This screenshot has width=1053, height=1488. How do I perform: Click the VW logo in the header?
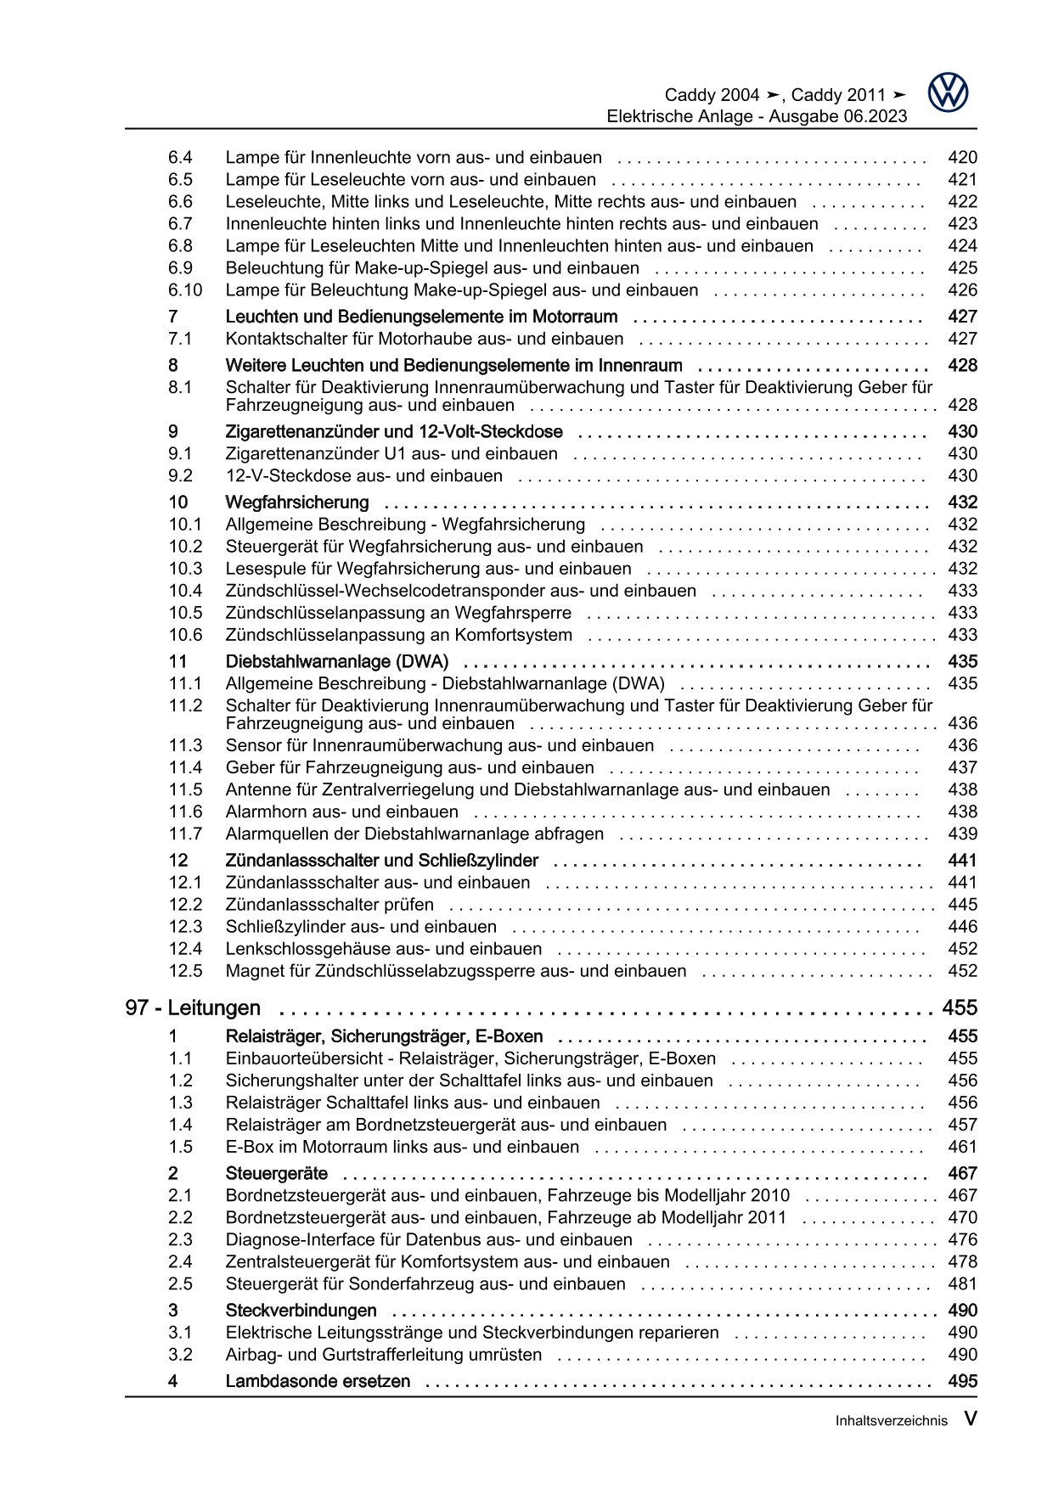pyautogui.click(x=948, y=93)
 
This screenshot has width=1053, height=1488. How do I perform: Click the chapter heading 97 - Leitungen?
pyautogui.click(x=193, y=1008)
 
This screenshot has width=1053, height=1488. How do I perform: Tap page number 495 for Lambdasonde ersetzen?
pyautogui.click(x=962, y=1381)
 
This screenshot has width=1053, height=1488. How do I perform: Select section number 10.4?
pyautogui.click(x=185, y=591)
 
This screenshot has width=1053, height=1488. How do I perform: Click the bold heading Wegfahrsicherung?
pyautogui.click(x=296, y=503)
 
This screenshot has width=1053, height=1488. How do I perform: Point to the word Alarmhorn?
pyautogui.click(x=262, y=811)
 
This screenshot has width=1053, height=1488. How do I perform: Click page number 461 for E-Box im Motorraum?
pyautogui.click(x=962, y=1147)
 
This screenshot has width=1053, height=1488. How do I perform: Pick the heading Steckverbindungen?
pyautogui.click(x=301, y=1311)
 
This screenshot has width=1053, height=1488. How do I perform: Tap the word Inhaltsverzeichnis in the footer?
pyautogui.click(x=891, y=1421)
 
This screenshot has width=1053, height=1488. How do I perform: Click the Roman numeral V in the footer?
pyautogui.click(x=970, y=1419)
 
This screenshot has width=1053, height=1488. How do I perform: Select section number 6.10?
pyautogui.click(x=185, y=290)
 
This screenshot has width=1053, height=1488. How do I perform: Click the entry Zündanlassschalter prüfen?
pyautogui.click(x=329, y=905)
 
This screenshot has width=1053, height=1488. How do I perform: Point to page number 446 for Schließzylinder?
pyautogui.click(x=962, y=927)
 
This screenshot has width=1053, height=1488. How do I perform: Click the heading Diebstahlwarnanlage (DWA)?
pyautogui.click(x=336, y=661)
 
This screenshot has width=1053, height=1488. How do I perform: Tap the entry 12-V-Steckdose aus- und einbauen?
pyautogui.click(x=363, y=476)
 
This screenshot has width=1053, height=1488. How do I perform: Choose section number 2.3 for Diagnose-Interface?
pyautogui.click(x=180, y=1240)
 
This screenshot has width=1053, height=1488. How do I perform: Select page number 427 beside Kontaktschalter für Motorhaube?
pyautogui.click(x=962, y=339)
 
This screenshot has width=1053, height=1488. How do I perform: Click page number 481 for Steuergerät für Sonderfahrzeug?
pyautogui.click(x=962, y=1284)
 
